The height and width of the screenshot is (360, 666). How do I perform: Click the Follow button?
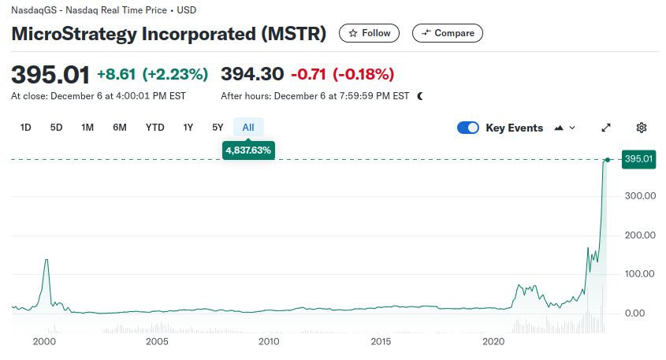point(369,33)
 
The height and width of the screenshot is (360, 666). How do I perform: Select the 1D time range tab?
point(26,128)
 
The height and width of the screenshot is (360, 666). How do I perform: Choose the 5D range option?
point(56,128)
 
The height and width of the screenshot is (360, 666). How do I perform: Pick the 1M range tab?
point(87,128)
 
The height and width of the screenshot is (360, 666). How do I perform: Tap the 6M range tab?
point(120,128)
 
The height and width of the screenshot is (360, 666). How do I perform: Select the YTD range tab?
point(154,128)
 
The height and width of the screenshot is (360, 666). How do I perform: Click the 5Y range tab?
point(218,128)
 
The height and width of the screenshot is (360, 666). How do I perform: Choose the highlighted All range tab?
point(248,128)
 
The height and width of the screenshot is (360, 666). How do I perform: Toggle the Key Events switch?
point(468,128)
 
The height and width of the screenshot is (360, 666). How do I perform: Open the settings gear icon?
point(642,128)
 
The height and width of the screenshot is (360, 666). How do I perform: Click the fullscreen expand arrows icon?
point(606,128)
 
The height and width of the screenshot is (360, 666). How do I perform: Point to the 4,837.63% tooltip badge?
point(248,150)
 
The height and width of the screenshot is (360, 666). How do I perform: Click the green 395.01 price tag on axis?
point(638,160)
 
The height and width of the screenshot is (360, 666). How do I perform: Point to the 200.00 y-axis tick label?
point(640,235)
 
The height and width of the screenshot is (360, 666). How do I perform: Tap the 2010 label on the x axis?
point(270,342)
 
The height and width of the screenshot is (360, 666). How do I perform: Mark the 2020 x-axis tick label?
point(493,342)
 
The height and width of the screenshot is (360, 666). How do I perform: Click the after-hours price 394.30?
point(251,74)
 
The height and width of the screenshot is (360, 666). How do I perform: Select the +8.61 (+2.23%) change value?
point(152,74)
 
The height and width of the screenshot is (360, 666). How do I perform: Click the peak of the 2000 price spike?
point(47,260)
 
